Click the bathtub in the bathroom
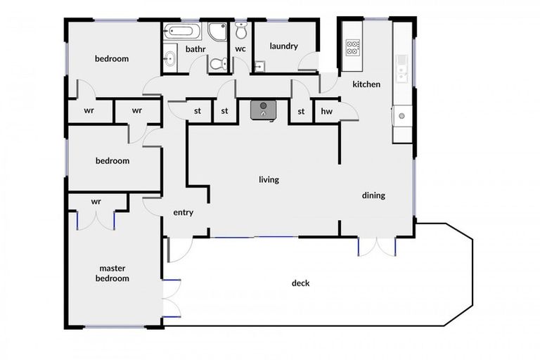pos(183,32)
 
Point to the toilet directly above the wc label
pos(241,31)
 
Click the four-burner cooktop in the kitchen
pos(352,48)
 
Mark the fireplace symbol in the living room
pos(264,109)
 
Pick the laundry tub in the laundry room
pos(259,67)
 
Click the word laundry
pos(283,46)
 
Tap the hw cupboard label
pos(326,111)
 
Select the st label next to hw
pos(301,111)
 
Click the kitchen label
pos(366,84)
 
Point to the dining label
pos(373,195)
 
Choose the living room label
pos(269,180)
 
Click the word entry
pos(183,212)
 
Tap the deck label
pos(300,283)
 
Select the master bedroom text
pos(114,273)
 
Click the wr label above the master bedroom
pos(96,201)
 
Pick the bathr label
pos(195,49)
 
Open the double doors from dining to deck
pos(377,246)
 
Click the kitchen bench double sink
pos(402,68)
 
